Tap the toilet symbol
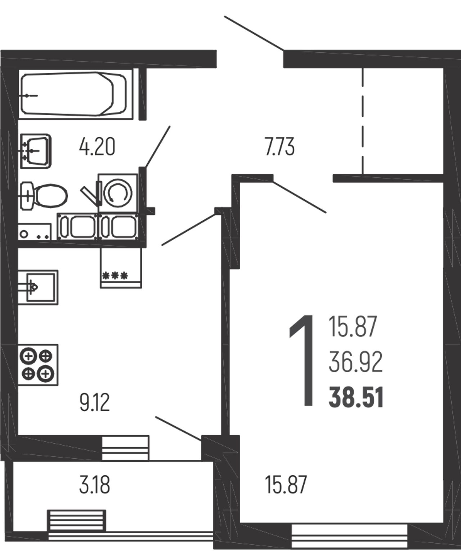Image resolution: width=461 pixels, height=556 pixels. [44, 196]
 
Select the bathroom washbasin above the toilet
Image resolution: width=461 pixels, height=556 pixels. [36, 151]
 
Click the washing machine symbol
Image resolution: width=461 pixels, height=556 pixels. [118, 193]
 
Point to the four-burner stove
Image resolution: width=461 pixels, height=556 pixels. [38, 365]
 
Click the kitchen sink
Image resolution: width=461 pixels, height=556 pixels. [38, 287]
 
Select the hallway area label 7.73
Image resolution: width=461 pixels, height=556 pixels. [280, 147]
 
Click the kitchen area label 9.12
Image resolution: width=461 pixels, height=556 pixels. [94, 403]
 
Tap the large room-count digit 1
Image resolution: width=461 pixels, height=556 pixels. [302, 361]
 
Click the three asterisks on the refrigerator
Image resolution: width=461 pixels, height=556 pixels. [115, 276]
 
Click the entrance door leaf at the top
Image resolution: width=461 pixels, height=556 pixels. [254, 33]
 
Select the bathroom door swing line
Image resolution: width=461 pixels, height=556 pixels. [157, 147]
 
